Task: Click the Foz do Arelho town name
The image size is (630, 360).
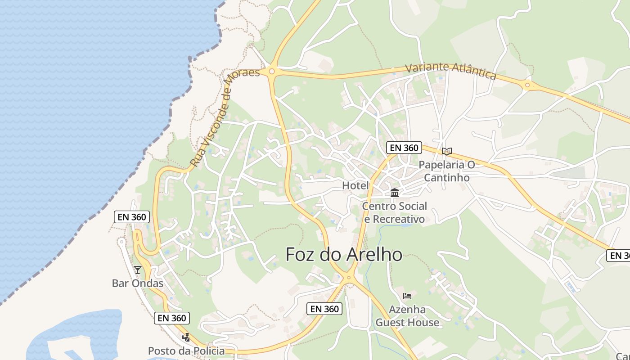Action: (x=344, y=255)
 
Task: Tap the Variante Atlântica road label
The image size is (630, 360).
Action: (x=450, y=71)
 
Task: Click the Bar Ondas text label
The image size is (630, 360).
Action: (x=137, y=283)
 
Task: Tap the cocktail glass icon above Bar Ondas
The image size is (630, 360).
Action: (x=138, y=270)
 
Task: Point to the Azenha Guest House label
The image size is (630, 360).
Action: (x=407, y=316)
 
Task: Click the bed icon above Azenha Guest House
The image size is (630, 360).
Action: (x=407, y=296)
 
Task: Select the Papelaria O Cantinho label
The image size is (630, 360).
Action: (x=447, y=171)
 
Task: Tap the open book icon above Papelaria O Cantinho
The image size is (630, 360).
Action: (x=447, y=151)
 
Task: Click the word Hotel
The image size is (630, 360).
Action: (x=355, y=185)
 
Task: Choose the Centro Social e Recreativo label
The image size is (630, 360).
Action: (x=395, y=212)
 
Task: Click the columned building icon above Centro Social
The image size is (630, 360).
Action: (x=395, y=193)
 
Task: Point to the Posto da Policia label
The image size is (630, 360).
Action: (x=186, y=351)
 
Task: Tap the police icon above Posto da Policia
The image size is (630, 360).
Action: (x=186, y=337)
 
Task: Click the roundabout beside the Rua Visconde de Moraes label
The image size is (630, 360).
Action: (x=271, y=71)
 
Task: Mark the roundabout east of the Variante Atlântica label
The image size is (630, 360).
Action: (x=527, y=84)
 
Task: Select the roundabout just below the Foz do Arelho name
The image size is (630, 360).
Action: (x=348, y=279)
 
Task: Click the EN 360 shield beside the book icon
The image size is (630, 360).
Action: (x=404, y=148)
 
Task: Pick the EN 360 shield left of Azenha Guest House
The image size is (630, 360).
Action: (x=324, y=309)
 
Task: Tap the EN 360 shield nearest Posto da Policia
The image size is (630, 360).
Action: (x=172, y=318)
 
